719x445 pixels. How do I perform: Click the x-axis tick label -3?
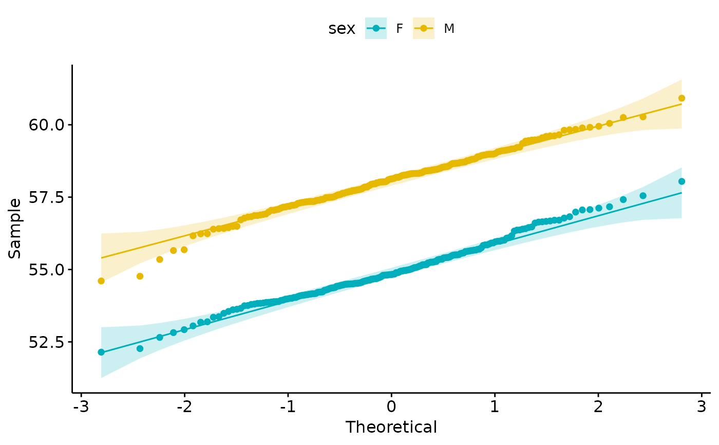click(x=81, y=407)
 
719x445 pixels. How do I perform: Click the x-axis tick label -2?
click(x=184, y=407)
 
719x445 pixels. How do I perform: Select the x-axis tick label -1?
click(x=288, y=407)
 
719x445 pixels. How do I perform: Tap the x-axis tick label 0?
click(x=391, y=407)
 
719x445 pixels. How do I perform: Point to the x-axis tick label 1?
click(x=495, y=407)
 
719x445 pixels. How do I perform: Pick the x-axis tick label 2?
click(x=598, y=407)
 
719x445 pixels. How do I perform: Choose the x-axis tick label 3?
click(x=702, y=407)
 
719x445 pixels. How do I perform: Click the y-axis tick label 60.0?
click(x=47, y=125)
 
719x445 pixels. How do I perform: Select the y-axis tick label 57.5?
click(x=47, y=197)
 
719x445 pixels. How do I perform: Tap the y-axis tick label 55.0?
click(x=47, y=270)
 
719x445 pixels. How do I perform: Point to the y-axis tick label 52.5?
click(x=47, y=342)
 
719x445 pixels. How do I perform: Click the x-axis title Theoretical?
click(x=391, y=428)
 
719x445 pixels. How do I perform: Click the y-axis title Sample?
click(x=14, y=229)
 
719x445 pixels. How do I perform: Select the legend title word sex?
click(x=342, y=29)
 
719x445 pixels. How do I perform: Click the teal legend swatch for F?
click(x=376, y=28)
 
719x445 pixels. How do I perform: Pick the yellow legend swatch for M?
click(x=424, y=28)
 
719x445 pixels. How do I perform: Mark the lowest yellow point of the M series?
click(x=101, y=281)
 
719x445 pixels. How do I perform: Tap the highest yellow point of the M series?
click(x=682, y=98)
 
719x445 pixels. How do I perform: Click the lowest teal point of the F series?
click(x=101, y=352)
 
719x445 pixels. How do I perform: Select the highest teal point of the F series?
click(x=682, y=181)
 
